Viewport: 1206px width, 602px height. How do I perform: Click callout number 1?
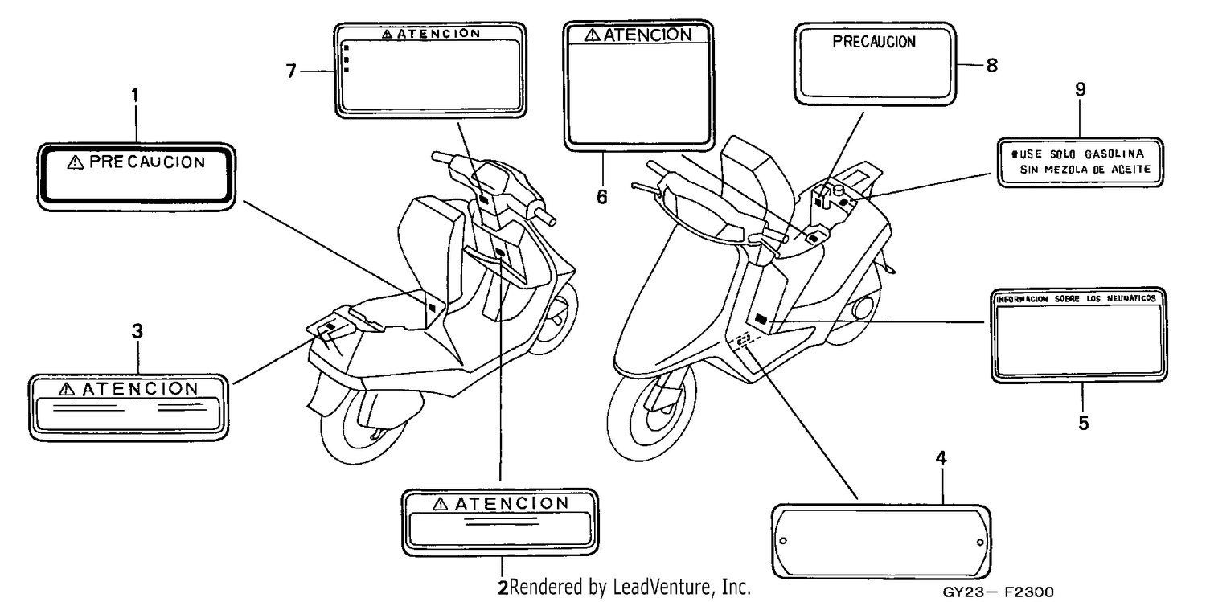point(135,96)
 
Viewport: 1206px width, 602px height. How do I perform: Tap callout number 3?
point(137,331)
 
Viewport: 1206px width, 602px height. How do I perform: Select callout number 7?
point(291,71)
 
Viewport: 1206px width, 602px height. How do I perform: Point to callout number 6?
point(602,197)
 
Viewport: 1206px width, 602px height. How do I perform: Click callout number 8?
point(991,66)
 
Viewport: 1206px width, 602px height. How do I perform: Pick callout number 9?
point(1080,89)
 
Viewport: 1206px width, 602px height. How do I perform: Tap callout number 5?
point(1083,423)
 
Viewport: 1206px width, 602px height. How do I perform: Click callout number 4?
point(941,458)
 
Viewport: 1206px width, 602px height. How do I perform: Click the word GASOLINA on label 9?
point(1114,154)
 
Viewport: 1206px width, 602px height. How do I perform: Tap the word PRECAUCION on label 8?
point(874,42)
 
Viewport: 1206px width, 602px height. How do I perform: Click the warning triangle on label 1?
point(76,162)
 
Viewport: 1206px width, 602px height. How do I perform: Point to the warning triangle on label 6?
point(592,35)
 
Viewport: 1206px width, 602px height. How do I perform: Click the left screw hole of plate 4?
point(783,541)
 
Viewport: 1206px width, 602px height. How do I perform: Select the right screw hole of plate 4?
point(980,543)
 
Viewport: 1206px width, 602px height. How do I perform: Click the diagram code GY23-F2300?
point(998,592)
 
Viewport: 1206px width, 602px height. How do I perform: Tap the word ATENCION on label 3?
point(140,389)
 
